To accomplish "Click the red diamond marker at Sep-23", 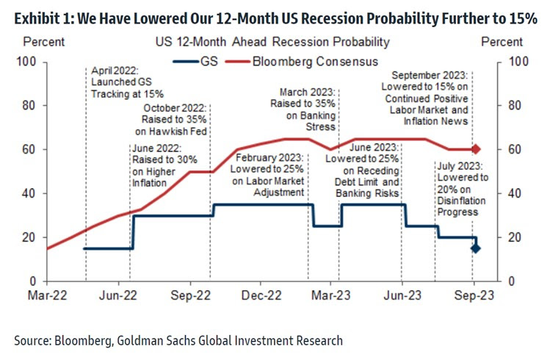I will click(x=475, y=149).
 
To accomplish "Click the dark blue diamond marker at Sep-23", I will click(x=475, y=248).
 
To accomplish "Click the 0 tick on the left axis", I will click(x=33, y=281).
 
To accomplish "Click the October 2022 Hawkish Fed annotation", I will click(x=175, y=120).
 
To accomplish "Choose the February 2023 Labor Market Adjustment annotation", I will click(x=269, y=173).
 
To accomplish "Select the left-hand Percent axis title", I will click(x=38, y=42).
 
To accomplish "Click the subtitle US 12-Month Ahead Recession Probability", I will click(x=272, y=42).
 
